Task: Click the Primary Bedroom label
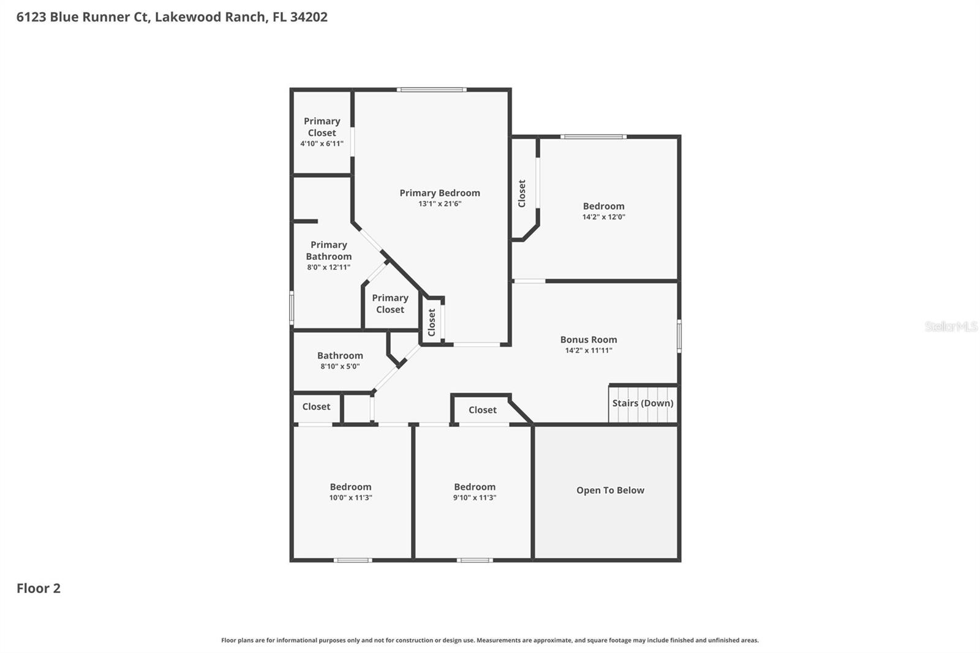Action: click(440, 193)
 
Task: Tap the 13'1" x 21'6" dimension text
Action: click(440, 204)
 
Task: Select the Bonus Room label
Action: click(589, 339)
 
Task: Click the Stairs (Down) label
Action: click(643, 403)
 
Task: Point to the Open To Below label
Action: click(610, 490)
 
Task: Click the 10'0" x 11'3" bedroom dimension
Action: click(350, 498)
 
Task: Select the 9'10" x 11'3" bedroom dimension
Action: click(475, 498)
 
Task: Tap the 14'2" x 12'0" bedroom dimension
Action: click(603, 217)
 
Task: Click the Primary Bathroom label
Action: click(329, 251)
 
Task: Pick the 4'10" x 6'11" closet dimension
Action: click(322, 144)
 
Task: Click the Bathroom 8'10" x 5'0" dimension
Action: click(340, 366)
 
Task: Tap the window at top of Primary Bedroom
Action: click(431, 90)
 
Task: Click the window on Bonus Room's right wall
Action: click(679, 336)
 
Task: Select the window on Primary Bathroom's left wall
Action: click(292, 308)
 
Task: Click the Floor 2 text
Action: click(39, 588)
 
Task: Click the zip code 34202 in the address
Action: click(309, 17)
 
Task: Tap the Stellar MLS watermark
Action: click(951, 326)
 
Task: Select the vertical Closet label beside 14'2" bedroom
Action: click(522, 194)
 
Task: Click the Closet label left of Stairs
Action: click(482, 410)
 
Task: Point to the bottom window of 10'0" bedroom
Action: click(352, 560)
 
